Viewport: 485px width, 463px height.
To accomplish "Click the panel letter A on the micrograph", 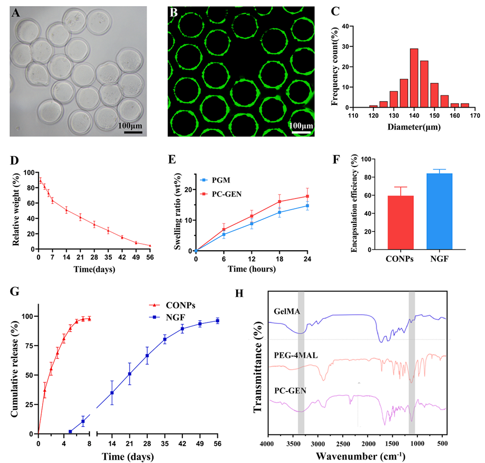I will (16, 14).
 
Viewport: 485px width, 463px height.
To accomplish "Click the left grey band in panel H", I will (301, 362).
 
